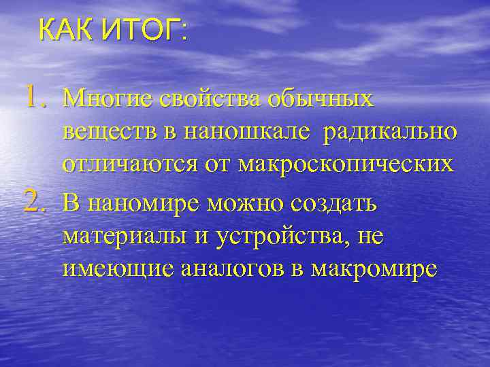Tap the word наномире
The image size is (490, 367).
coord(139,202)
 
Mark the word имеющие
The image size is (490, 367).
coord(116,268)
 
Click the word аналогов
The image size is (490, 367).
coord(229,268)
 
